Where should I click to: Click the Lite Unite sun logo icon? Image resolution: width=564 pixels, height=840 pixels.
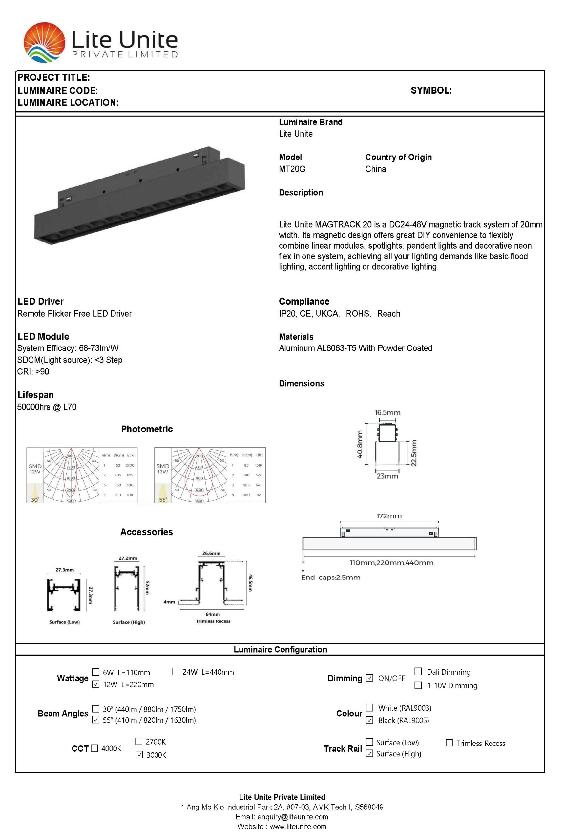(44, 42)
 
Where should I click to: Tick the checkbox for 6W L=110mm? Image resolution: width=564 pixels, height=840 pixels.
(96, 672)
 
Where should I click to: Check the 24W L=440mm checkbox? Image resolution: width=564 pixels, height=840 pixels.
(176, 671)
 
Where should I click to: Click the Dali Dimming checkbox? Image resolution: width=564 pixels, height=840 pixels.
(418, 671)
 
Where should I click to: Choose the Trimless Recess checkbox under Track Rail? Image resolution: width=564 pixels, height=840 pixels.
(449, 743)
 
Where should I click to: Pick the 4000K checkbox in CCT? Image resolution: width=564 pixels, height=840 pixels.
(94, 748)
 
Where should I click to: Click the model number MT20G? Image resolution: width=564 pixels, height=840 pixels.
(292, 169)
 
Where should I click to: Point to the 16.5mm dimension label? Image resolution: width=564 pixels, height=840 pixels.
(387, 413)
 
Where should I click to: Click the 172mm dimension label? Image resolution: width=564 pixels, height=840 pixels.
(389, 516)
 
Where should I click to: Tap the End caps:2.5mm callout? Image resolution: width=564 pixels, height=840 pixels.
(331, 577)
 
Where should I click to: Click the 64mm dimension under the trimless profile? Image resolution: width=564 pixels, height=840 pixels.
(213, 614)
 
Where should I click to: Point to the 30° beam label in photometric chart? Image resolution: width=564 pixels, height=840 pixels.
(34, 500)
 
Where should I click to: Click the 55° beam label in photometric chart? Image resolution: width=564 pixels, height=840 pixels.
(163, 500)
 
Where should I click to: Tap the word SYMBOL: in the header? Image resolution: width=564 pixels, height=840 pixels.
(431, 90)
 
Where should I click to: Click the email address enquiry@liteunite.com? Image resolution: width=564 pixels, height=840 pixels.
(292, 817)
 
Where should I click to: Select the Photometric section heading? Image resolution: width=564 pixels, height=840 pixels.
(147, 429)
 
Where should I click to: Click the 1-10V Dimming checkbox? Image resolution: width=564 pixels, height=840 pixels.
(418, 685)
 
